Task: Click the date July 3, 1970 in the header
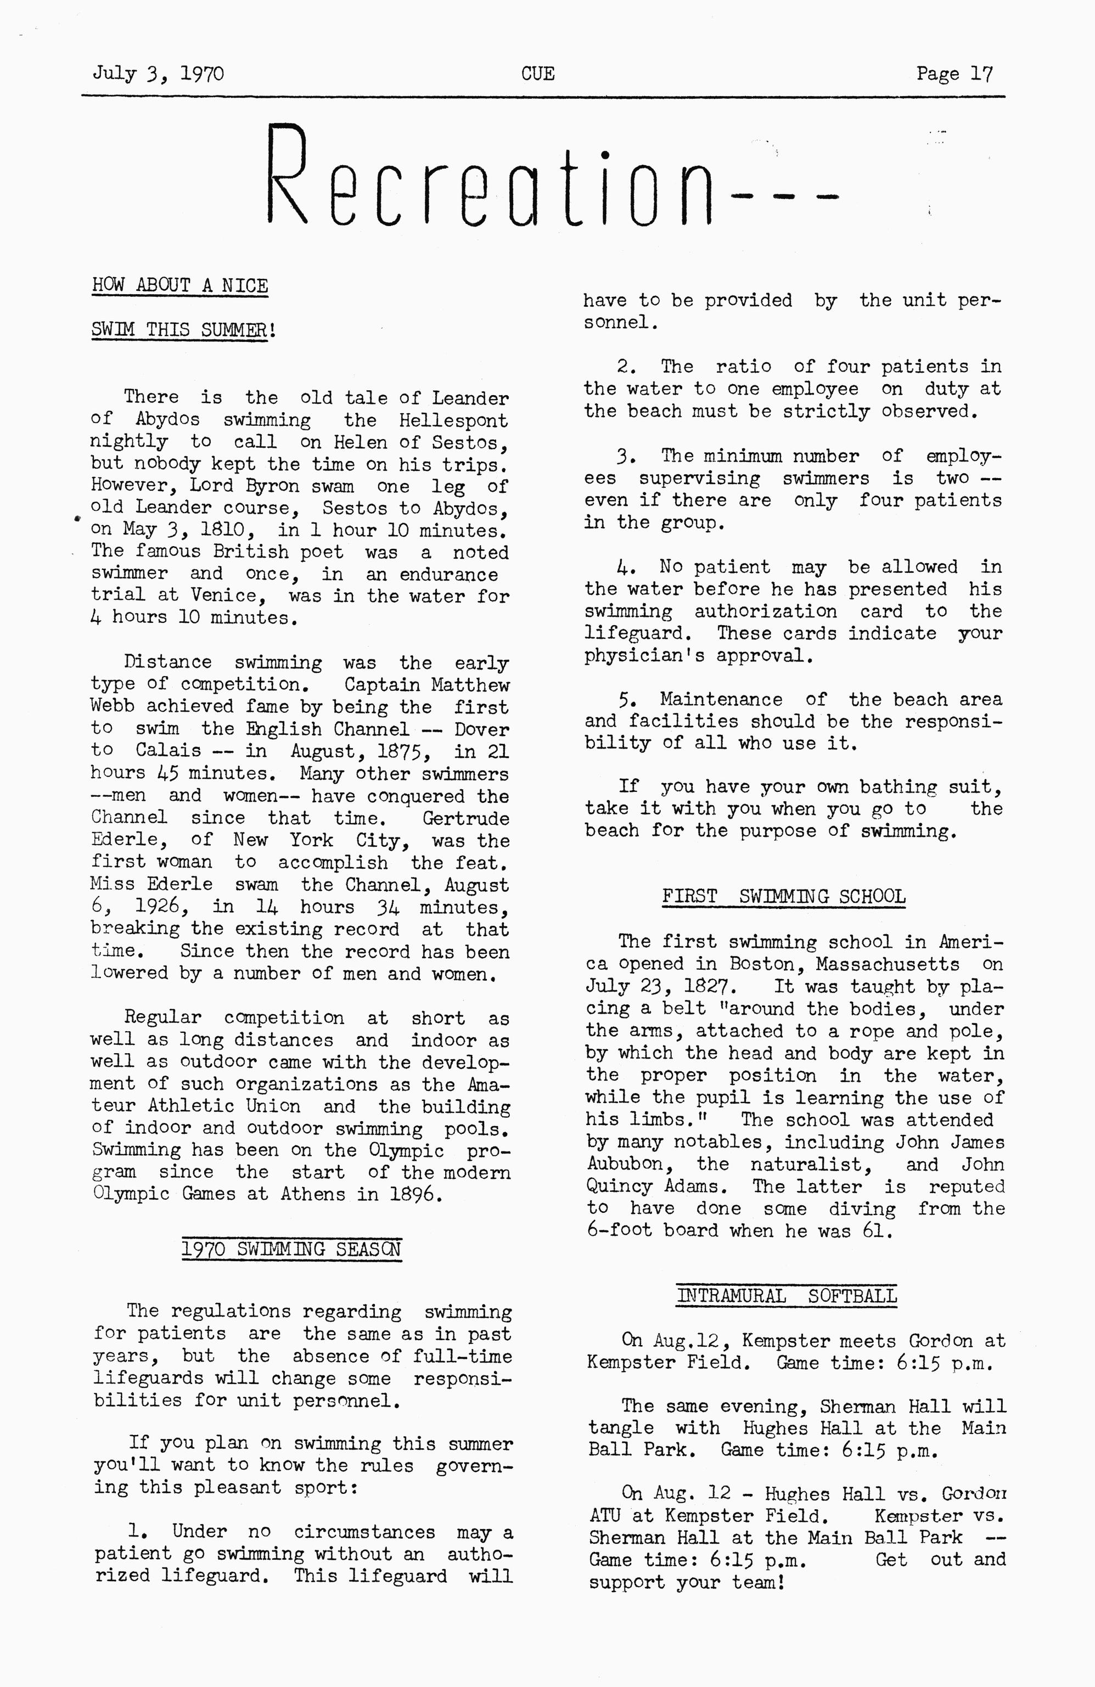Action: [158, 74]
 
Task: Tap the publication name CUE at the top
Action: [538, 74]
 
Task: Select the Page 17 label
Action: [954, 74]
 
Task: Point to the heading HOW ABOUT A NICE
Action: [180, 286]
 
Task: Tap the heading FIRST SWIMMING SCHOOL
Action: [784, 897]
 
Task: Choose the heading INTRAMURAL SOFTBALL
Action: [787, 1296]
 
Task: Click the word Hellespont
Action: [453, 420]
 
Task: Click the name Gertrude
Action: [465, 819]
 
